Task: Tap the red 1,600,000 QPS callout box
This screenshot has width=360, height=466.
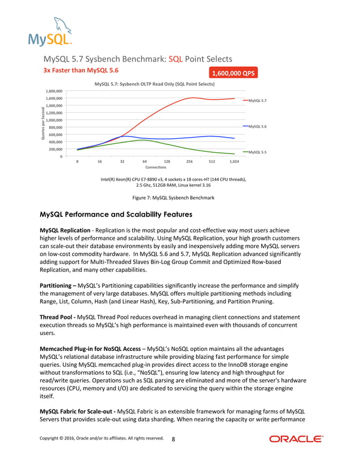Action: coord(234,73)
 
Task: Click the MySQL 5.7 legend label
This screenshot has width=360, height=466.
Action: coord(257,100)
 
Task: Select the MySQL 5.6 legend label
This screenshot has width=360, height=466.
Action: coord(257,126)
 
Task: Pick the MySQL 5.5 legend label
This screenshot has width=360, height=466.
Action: coord(257,152)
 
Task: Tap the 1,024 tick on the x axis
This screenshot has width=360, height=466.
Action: coord(234,161)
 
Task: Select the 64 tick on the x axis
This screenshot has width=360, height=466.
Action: coord(144,161)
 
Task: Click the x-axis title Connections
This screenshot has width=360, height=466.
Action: coord(156,168)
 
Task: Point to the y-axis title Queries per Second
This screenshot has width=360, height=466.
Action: coord(42,123)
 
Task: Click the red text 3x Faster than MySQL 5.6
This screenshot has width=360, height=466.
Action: coord(81,71)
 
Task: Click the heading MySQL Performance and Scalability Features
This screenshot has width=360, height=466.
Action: coord(116,215)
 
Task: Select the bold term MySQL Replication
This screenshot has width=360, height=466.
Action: coord(64,231)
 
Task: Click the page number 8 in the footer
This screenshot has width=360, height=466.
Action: coord(173,439)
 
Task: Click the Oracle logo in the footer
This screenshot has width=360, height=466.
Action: coord(296,439)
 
